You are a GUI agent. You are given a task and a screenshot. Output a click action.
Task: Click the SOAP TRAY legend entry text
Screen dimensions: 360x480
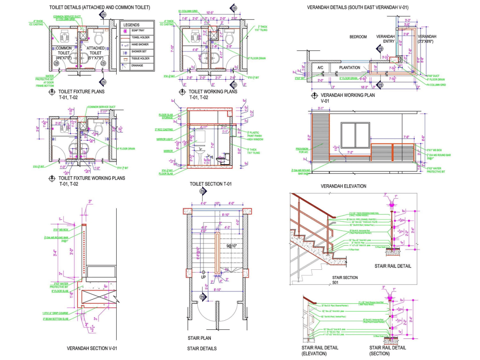(x=138, y=31)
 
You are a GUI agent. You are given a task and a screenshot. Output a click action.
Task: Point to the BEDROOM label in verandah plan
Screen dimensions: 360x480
(x=358, y=37)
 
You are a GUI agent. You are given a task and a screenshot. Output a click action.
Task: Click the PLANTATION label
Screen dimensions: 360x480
(x=349, y=68)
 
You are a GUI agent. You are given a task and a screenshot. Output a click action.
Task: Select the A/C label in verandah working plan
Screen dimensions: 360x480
(x=320, y=68)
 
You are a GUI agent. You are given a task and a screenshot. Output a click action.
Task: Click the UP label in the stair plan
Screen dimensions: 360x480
(x=204, y=277)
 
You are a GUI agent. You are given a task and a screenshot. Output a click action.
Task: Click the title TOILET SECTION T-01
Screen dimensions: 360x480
(x=211, y=184)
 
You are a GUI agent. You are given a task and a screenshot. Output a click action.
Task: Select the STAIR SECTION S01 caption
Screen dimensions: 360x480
(x=345, y=280)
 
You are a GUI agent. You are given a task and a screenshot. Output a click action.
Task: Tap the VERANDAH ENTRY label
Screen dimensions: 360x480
(x=385, y=39)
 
